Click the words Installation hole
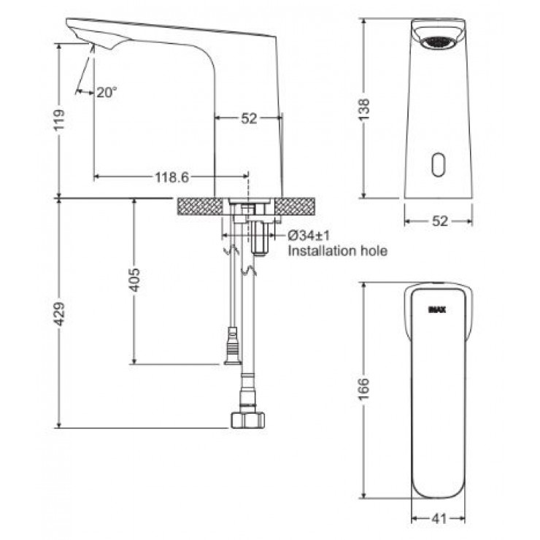pos(338,251)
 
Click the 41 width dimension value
pos(439,518)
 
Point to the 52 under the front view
pos(439,221)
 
